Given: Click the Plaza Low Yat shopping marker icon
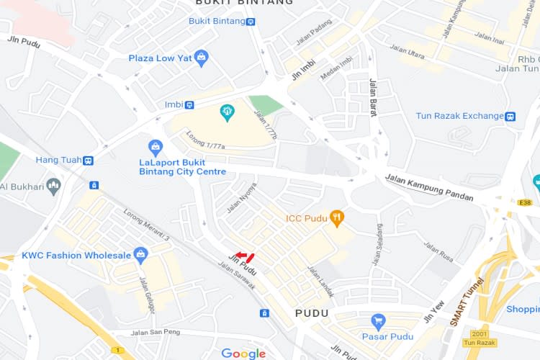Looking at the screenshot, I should click(x=202, y=58).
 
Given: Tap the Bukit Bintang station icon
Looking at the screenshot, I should click(x=251, y=22).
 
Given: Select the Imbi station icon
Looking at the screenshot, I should click(x=189, y=105).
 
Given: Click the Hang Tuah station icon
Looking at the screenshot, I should click(x=88, y=161).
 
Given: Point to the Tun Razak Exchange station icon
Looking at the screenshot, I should click(x=510, y=116).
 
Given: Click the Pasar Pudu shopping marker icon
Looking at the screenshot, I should click(x=377, y=321).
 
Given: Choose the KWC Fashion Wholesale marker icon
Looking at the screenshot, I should click(x=140, y=255).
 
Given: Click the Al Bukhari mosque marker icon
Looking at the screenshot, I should click(x=53, y=187).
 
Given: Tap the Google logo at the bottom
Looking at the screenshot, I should click(x=243, y=354).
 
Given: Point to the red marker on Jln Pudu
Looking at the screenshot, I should click(x=246, y=256).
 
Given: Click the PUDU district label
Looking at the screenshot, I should click(x=312, y=313).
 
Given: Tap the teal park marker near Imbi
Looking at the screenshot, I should click(x=228, y=112).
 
